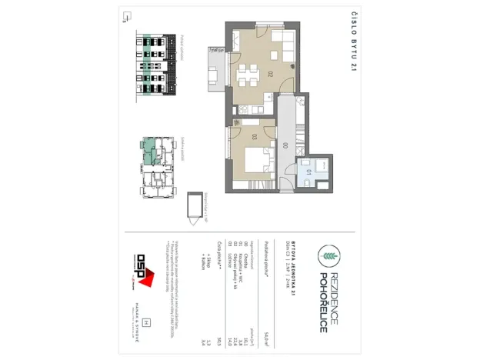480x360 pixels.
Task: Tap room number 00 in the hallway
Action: pyautogui.click(x=285, y=144)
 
